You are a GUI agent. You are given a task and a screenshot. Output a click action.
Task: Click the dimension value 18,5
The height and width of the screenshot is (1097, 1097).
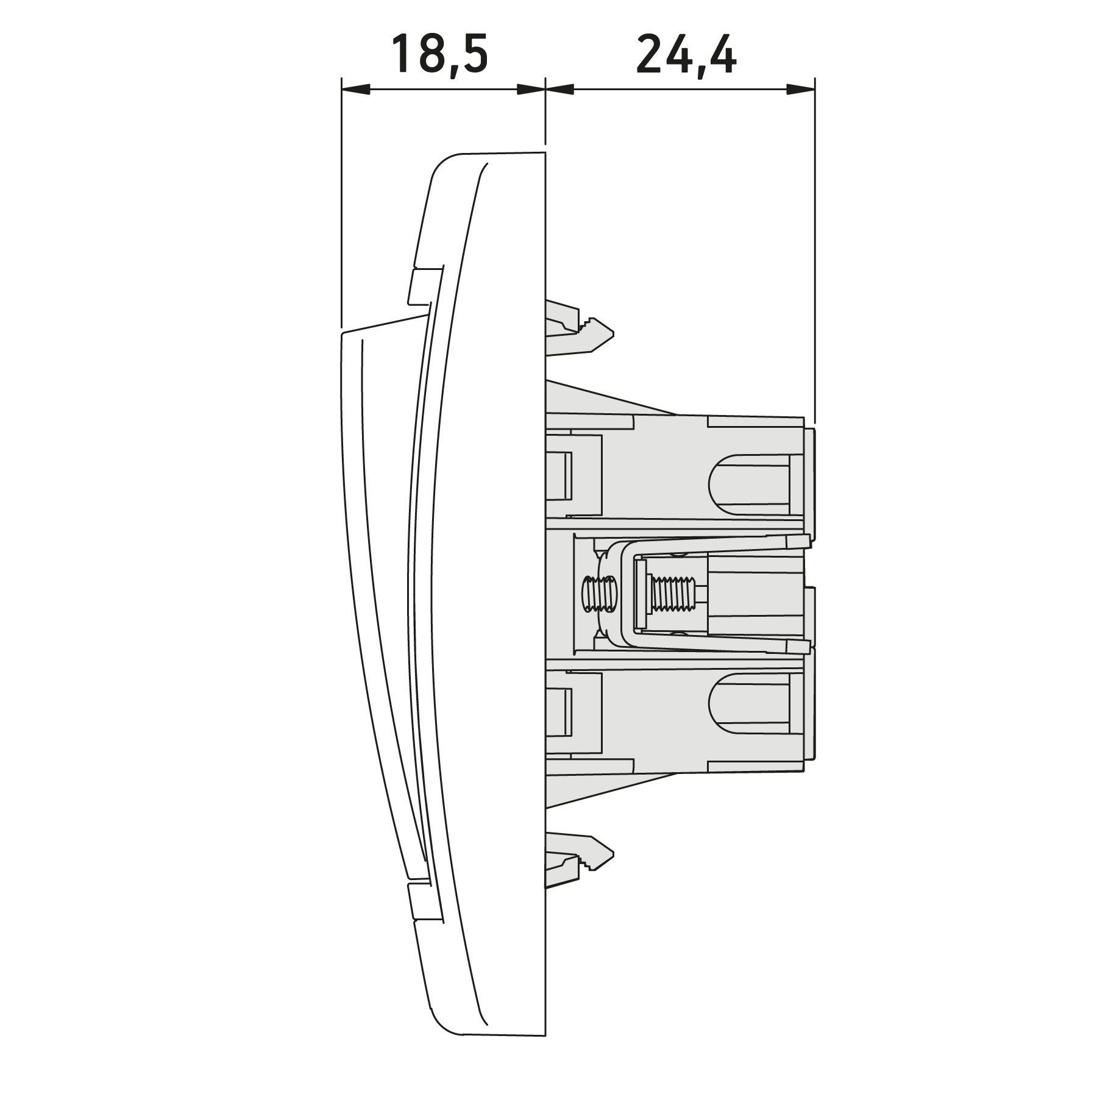[439, 55]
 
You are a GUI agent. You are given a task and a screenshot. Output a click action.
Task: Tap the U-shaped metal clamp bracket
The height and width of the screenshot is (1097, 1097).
[701, 595]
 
